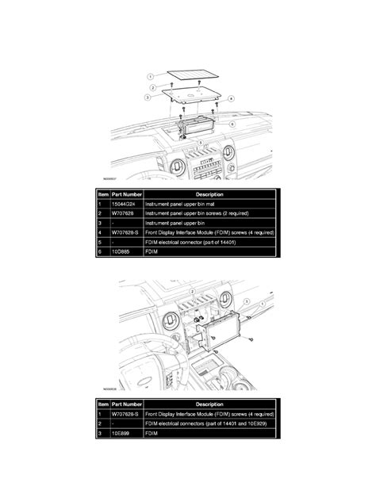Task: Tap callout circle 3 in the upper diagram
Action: (x=148, y=96)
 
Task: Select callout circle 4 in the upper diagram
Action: (x=231, y=98)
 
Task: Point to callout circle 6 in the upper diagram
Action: (x=231, y=124)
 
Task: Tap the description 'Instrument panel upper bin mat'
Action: (x=182, y=204)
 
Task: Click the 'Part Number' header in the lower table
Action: (x=126, y=404)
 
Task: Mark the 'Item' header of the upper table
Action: (x=104, y=193)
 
